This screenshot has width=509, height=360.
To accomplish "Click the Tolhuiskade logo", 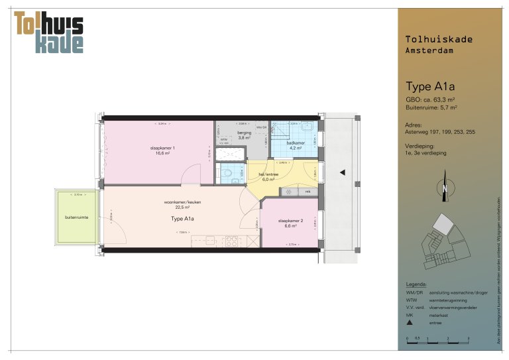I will click(49, 31).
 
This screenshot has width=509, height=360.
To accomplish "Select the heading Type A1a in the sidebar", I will click(429, 86).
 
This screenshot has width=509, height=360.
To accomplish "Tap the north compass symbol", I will click(445, 190).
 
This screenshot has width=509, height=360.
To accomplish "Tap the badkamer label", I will click(295, 144).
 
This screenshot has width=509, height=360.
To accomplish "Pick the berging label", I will click(244, 135).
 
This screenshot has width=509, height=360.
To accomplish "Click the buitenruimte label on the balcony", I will click(76, 217).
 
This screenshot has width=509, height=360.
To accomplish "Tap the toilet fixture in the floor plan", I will click(227, 174).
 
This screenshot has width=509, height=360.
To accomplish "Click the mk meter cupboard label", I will click(308, 192).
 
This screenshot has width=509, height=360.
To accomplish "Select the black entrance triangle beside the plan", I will click(343, 172).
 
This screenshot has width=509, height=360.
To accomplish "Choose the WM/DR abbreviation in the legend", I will click(413, 292).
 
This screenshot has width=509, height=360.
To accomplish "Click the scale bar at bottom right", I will click(437, 338).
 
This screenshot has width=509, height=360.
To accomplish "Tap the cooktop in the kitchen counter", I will click(232, 240).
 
